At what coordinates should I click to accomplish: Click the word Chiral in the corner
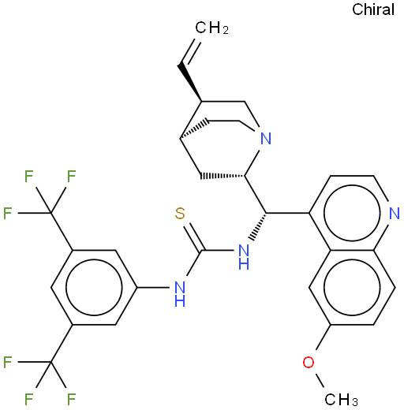373,9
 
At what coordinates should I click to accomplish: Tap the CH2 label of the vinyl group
211,28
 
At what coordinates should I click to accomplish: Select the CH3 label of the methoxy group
341,400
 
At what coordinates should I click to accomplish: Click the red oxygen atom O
309,362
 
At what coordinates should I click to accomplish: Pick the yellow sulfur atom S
180,213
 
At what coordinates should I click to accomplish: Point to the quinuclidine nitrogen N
266,139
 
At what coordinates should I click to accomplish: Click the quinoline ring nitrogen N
395,213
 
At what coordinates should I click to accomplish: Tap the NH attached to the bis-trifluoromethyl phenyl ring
180,294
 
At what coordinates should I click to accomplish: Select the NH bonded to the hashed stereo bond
244,256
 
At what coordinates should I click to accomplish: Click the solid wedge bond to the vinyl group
190,82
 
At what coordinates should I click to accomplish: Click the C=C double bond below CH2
190,52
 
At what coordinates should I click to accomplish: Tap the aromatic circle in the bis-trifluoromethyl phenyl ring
94,287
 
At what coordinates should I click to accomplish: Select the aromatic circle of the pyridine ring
352,213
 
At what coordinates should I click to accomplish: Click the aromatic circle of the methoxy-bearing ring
352,287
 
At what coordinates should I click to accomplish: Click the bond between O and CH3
320,381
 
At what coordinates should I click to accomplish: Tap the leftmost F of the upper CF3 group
8,213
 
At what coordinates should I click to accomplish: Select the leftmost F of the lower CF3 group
8,362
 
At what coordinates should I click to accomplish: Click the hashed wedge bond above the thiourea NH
259,226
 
